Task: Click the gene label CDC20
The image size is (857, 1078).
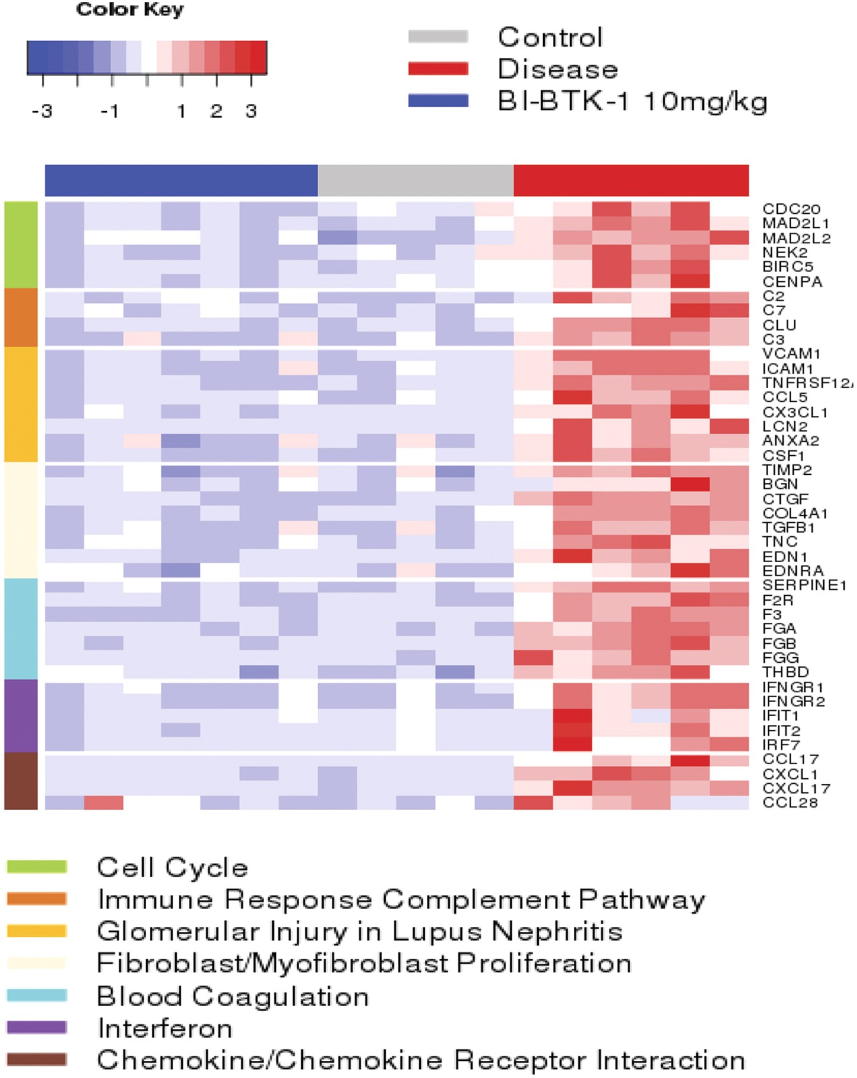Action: (791, 209)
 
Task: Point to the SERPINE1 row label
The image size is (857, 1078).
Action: (804, 585)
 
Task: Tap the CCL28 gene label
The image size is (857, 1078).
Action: (790, 803)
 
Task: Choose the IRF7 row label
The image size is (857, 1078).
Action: (781, 745)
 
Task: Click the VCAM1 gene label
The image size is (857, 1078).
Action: (791, 354)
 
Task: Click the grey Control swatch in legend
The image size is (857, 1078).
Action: (438, 37)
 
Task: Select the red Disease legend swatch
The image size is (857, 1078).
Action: (438, 69)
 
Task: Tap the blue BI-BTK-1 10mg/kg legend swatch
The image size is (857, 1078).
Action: (438, 101)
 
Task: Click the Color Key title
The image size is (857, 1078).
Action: (130, 10)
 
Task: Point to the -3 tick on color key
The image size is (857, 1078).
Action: (42, 112)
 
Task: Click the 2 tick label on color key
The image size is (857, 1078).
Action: (216, 112)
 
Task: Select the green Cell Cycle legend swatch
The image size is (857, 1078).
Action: (36, 867)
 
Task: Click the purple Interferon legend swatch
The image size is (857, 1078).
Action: (36, 1026)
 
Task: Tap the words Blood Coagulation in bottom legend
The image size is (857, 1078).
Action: (232, 996)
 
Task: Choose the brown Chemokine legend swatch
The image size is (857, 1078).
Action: (36, 1059)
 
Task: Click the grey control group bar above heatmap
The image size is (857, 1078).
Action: (415, 180)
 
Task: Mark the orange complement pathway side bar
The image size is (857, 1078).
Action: (21, 318)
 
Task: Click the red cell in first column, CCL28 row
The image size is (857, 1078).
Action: (103, 803)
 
